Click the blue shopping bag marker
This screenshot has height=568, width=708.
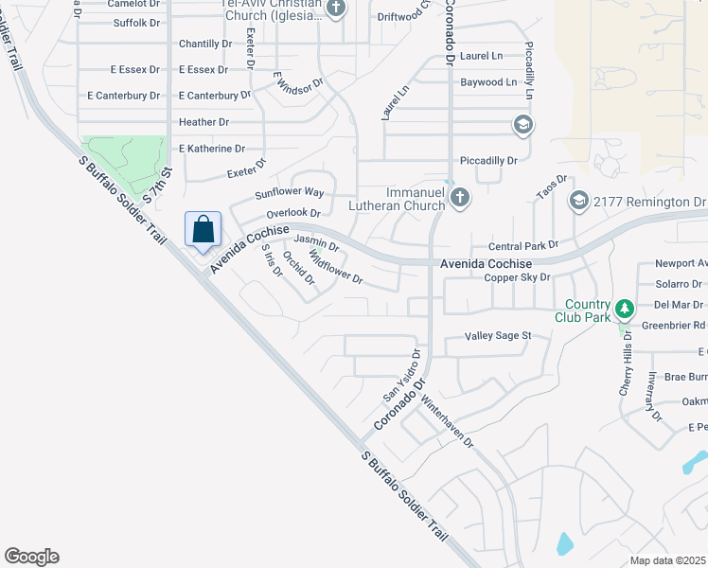[204, 229]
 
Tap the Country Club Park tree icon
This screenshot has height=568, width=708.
[624, 309]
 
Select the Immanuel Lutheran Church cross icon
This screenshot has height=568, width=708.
[460, 198]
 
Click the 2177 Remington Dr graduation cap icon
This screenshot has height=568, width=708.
[578, 201]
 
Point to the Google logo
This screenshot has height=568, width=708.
[31, 557]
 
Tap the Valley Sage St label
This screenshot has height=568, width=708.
[498, 336]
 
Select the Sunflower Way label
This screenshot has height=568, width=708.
[290, 193]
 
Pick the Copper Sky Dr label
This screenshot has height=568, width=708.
[517, 277]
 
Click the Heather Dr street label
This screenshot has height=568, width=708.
[204, 122]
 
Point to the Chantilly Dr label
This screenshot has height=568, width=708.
[205, 44]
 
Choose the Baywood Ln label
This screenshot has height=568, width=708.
[488, 82]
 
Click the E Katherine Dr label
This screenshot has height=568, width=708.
[211, 149]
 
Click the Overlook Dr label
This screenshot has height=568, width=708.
[292, 214]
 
